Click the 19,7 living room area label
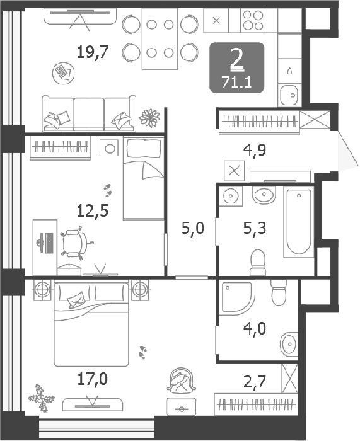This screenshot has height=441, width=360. point(93,52)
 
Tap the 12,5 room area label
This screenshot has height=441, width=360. point(93,211)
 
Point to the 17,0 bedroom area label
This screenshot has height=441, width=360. point(93,379)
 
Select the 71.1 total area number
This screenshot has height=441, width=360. point(236,83)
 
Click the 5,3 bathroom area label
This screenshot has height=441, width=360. point(255,228)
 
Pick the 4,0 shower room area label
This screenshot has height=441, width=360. point(255,328)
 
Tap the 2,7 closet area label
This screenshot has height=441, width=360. point(255,382)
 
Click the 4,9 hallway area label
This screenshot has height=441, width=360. point(255,151)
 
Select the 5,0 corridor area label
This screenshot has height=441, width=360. point(193,228)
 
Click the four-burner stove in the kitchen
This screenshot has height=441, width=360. point(253,20)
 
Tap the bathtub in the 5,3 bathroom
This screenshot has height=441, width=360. point(299,222)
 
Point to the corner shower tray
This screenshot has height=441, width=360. point(237,297)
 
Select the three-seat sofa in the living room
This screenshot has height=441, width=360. point(89,113)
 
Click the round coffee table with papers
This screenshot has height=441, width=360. point(63,73)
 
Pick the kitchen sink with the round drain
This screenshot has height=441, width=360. point(289,95)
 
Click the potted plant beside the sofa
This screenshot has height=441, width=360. point(149,118)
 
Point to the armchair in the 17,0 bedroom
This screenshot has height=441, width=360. point(182,379)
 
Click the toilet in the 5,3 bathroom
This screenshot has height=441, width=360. point(258,263)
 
